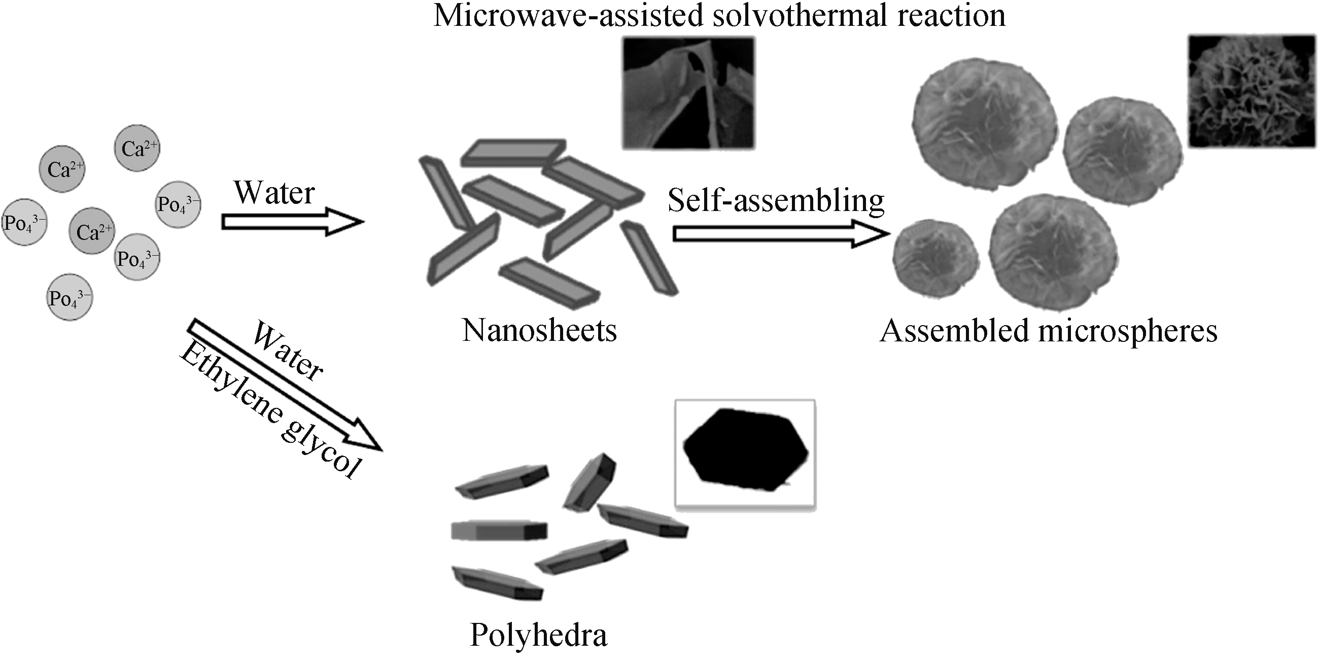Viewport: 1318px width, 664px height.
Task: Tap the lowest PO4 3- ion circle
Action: click(x=70, y=298)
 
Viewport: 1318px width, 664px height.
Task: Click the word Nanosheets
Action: click(x=539, y=330)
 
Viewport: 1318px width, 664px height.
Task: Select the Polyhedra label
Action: click(x=538, y=636)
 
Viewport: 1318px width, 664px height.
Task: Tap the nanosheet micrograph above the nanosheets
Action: click(x=688, y=92)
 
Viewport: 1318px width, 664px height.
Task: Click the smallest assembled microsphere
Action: click(x=935, y=258)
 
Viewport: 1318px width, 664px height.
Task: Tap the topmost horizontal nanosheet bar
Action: click(x=513, y=153)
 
